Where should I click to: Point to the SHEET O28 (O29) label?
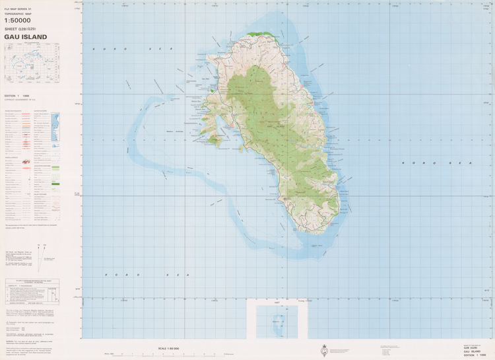pos(24,29)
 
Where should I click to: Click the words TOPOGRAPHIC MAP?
pos(18,13)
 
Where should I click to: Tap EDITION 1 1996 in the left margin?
pos(17,96)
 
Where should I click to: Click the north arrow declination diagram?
pos(39,258)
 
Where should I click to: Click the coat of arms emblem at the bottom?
pos(324,350)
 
